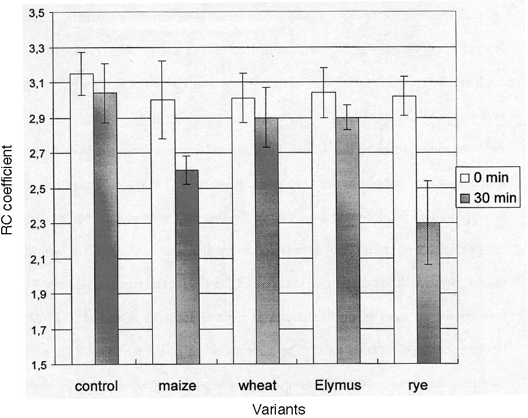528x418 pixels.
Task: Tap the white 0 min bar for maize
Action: coord(163,232)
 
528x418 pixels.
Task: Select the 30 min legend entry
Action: coord(487,198)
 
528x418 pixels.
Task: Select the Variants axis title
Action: coord(278,409)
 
